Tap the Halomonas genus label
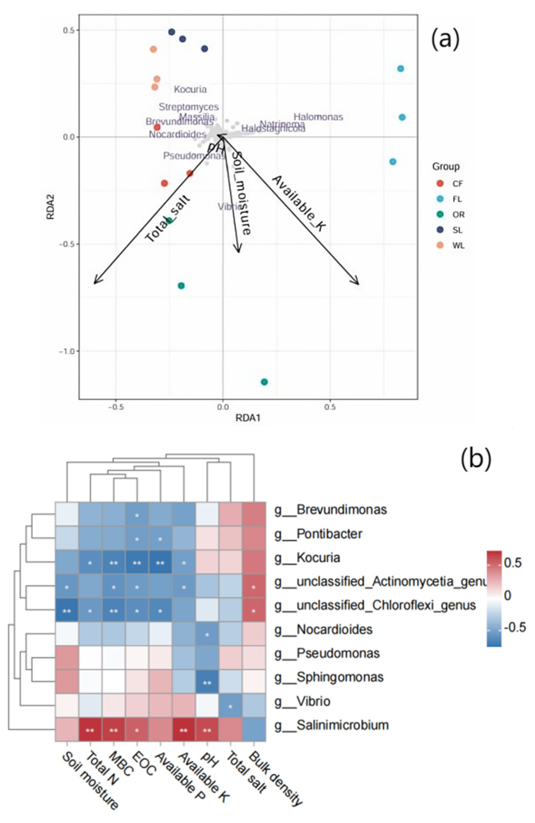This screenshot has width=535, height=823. (x=318, y=117)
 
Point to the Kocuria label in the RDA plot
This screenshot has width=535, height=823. (x=190, y=90)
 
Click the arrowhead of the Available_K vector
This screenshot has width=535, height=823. (x=357, y=283)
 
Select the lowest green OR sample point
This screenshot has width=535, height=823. (x=264, y=382)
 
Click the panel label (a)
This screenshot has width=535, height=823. (x=445, y=39)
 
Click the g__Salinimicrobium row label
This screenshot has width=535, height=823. (x=331, y=725)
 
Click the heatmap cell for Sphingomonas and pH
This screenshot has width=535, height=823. (x=207, y=677)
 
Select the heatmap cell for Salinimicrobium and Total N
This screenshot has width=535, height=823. (x=90, y=725)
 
